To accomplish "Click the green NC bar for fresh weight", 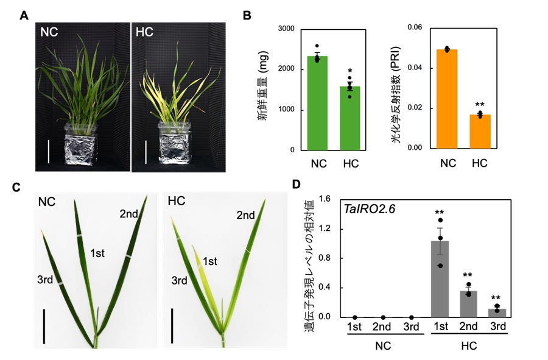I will click(317, 103).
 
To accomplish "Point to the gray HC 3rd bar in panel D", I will click(497, 312).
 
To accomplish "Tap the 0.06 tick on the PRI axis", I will click(414, 27).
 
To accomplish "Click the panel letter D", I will click(296, 184).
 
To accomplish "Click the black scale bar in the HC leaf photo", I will click(172, 325).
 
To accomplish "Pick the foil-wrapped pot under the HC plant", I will click(176, 146).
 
